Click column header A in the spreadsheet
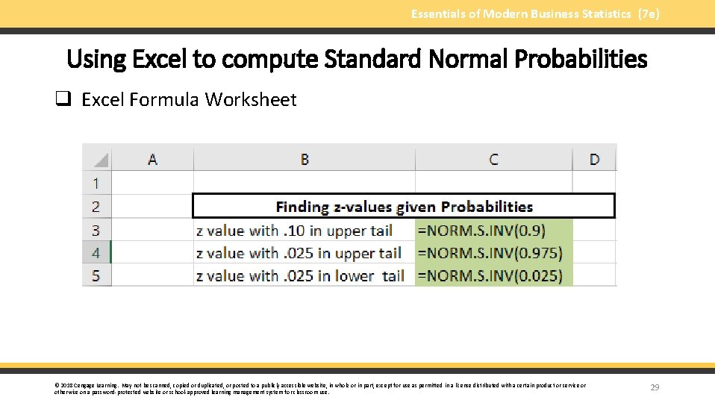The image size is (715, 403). pyautogui.click(x=152, y=159)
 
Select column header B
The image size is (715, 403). pyautogui.click(x=305, y=159)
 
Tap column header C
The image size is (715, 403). pyautogui.click(x=493, y=159)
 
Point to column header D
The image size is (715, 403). pyautogui.click(x=594, y=159)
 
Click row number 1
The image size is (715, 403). pyautogui.click(x=96, y=183)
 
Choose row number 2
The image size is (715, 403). pyautogui.click(x=96, y=206)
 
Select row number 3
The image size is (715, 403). pyautogui.click(x=96, y=230)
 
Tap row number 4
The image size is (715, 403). pyautogui.click(x=96, y=253)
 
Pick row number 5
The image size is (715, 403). pyautogui.click(x=96, y=275)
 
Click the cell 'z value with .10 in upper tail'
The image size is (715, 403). pyautogui.click(x=294, y=230)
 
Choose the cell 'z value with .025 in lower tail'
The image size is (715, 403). pyautogui.click(x=300, y=275)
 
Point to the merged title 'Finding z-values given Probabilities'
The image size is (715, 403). pyautogui.click(x=404, y=207)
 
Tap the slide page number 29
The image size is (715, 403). pyautogui.click(x=655, y=387)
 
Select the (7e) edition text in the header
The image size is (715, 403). pyautogui.click(x=648, y=13)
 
